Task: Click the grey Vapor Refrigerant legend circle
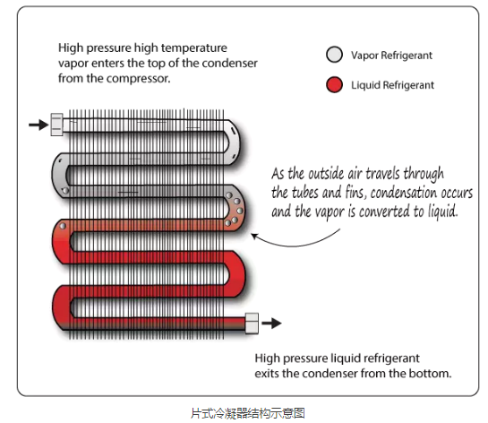[x=334, y=55]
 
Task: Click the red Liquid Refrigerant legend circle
[x=334, y=85]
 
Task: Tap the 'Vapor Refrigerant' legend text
[x=391, y=56]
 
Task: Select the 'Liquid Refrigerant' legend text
[x=392, y=85]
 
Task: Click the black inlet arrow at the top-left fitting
[x=39, y=125]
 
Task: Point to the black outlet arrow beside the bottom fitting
[x=271, y=323]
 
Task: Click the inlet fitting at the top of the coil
[x=56, y=125]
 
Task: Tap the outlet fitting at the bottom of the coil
[x=252, y=324]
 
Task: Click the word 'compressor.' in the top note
[x=138, y=79]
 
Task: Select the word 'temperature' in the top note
[x=194, y=48]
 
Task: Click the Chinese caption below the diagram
[x=247, y=413]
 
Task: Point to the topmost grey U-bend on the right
[x=234, y=142]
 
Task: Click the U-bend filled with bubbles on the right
[x=235, y=208]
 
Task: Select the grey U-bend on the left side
[x=60, y=175]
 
